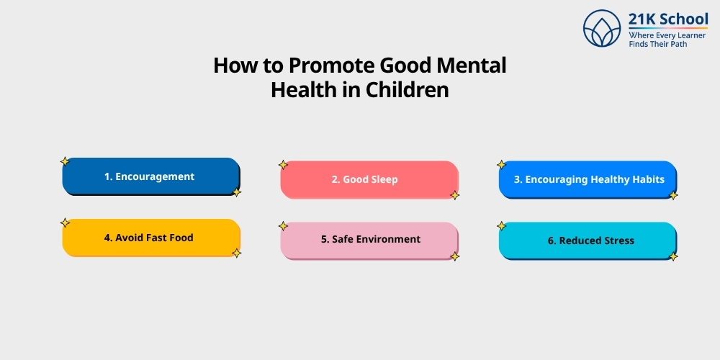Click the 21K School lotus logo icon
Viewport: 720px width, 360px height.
[602, 29]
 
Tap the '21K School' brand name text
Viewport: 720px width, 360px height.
[667, 19]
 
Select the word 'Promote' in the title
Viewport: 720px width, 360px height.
[333, 66]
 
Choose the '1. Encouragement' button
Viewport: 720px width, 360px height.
[150, 176]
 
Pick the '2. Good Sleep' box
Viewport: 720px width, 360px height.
[369, 179]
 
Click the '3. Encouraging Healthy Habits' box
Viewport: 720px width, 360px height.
[588, 179]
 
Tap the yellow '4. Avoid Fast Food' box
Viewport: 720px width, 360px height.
[151, 238]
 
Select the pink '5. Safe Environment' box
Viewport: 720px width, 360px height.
[369, 240]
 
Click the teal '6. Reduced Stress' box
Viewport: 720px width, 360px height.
[588, 240]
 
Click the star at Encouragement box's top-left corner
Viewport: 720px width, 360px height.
[64, 161]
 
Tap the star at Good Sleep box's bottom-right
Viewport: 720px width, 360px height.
[454, 195]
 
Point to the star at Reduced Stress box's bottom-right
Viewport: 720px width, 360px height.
[673, 256]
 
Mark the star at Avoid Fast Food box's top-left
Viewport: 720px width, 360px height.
[65, 222]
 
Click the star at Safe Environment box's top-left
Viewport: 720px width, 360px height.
[283, 226]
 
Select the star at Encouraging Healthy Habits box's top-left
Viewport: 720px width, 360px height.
[502, 165]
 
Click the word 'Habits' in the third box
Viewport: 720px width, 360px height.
[649, 179]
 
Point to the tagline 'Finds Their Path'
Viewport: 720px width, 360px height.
[657, 44]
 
